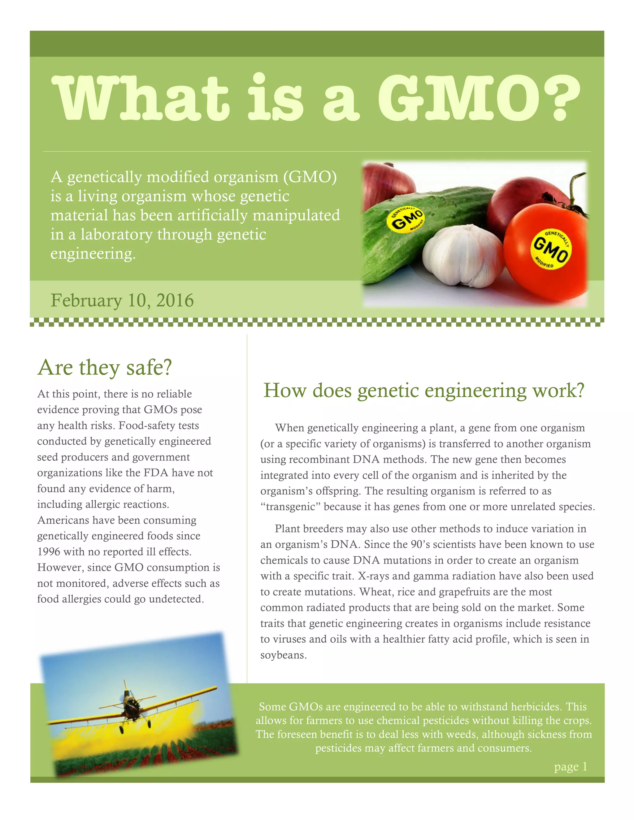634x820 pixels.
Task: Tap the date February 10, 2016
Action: coord(122,300)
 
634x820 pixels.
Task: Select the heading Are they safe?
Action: coord(105,367)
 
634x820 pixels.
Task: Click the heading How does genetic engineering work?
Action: coord(424,391)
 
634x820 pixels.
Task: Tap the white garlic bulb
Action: coord(463,255)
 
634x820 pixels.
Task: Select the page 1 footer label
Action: coord(571,766)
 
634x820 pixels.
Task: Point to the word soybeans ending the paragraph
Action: coord(283,655)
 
